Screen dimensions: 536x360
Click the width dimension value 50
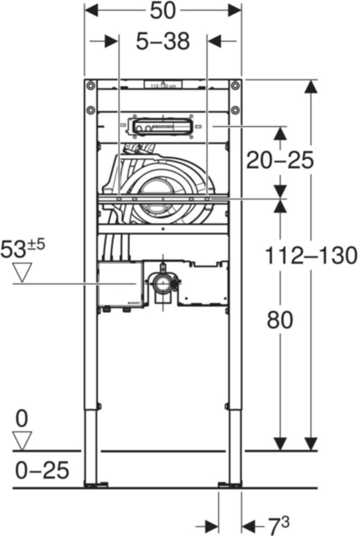pos(163,11)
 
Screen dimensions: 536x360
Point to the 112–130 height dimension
pos(311,256)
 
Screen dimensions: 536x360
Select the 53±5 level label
pos(22,249)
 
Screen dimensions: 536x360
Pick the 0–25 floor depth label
pos(42,470)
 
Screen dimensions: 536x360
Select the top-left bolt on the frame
pos(90,86)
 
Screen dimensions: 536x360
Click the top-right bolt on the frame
pos(235,86)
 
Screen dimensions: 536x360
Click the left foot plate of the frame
pos(96,485)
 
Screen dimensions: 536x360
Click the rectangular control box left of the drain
pos(120,284)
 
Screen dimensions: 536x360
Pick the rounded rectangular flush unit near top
pos(161,127)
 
